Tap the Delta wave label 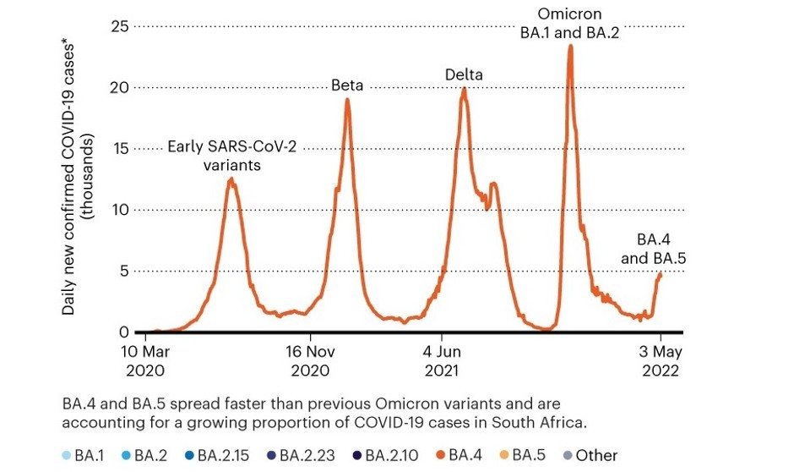pos(464,74)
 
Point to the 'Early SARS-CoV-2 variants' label pos(231,155)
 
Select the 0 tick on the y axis pos(122,332)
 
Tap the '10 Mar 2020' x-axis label pos(144,360)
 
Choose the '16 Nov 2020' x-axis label pos(310,360)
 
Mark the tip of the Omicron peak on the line pos(571,46)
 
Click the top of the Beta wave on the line pos(346,100)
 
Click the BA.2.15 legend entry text pos(225,456)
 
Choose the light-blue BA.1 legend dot pos(68,456)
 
